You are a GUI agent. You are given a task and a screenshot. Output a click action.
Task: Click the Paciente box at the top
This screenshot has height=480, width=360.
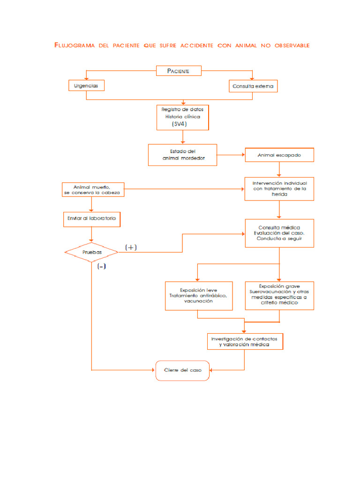pyautogui.click(x=179, y=71)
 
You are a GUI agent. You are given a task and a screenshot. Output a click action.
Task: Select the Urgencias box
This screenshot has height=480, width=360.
pyautogui.click(x=86, y=86)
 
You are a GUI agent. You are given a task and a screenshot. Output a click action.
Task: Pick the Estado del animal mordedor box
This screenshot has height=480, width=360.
pyautogui.click(x=182, y=155)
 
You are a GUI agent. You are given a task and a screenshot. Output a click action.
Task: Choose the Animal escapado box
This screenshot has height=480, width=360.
pyautogui.click(x=279, y=155)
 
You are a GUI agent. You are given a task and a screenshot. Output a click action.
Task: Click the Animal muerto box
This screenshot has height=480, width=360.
pyautogui.click(x=93, y=189)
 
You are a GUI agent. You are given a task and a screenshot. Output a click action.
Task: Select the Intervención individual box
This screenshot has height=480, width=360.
pyautogui.click(x=279, y=188)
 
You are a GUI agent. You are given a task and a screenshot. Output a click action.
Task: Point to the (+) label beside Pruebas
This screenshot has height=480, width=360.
pyautogui.click(x=131, y=247)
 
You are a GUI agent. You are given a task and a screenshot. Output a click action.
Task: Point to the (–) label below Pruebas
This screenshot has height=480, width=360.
pyautogui.click(x=101, y=266)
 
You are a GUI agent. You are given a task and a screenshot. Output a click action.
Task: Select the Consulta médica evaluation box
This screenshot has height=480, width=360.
pyautogui.click(x=279, y=233)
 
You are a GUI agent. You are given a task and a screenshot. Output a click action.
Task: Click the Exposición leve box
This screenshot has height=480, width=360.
pyautogui.click(x=199, y=296)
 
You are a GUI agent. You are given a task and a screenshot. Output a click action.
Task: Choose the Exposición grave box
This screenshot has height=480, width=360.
pyautogui.click(x=279, y=295)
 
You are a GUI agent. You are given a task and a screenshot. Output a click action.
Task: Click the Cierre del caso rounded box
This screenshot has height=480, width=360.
pyautogui.click(x=183, y=370)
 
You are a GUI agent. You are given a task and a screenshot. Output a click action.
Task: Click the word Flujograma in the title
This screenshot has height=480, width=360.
pyautogui.click(x=74, y=45)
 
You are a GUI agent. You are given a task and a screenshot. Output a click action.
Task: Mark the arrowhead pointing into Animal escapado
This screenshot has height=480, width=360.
pyautogui.click(x=243, y=155)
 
